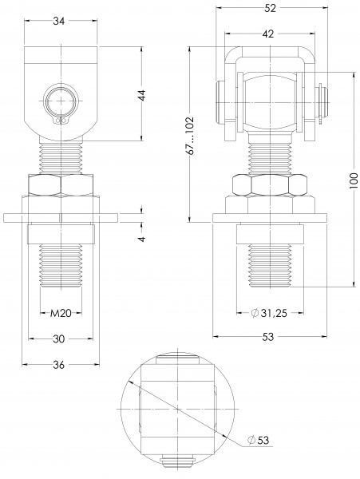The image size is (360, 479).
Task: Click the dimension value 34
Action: pos(61,22)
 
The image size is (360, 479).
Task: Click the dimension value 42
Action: pos(267,34)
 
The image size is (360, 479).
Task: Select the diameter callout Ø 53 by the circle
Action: pos(256,440)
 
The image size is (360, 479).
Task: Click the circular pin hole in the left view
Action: pos(61,102)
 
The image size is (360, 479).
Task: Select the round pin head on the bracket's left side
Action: pos(218,104)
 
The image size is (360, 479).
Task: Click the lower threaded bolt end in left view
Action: pos(61,263)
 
